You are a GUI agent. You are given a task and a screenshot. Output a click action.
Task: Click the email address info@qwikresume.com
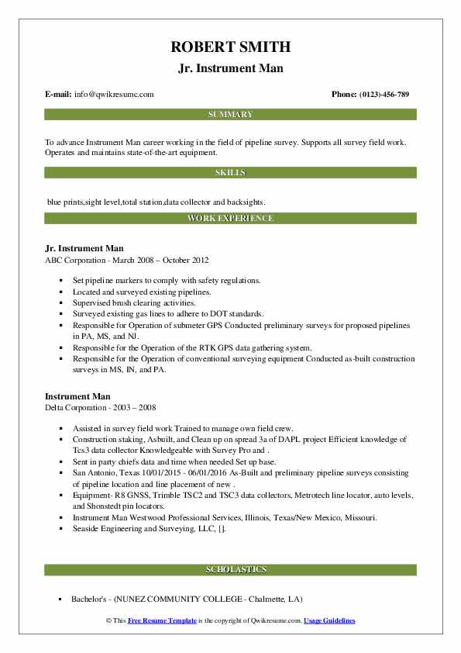[x=115, y=95]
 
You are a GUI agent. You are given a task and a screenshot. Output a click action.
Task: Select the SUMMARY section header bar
[x=230, y=115]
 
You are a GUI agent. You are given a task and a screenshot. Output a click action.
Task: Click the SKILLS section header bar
[x=230, y=172]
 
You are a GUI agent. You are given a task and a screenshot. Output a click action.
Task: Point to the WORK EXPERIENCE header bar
[x=230, y=219]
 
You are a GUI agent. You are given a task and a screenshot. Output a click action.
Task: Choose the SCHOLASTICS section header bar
[x=230, y=569]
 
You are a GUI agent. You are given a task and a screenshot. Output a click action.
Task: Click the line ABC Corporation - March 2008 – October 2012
[x=127, y=260]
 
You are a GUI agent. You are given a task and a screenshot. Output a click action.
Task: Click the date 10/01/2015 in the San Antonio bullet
[x=160, y=472]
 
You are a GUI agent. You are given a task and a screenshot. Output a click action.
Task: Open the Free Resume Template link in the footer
[x=164, y=622]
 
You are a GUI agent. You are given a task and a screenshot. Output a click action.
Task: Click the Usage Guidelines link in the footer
[x=329, y=622]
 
